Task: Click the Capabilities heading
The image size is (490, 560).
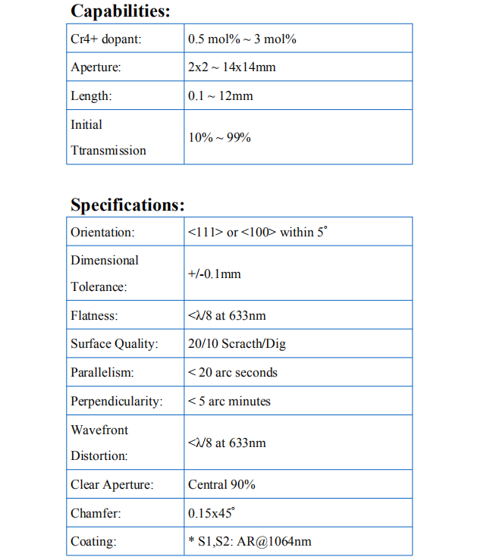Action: click(x=120, y=11)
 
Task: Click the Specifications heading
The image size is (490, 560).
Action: click(x=127, y=205)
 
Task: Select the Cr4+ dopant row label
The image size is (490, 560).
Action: click(x=105, y=39)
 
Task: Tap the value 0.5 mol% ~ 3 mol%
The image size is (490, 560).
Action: click(x=242, y=39)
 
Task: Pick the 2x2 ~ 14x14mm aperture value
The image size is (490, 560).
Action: click(x=232, y=67)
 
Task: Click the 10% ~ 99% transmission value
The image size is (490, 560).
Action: click(x=219, y=137)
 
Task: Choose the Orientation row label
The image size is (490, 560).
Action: click(x=102, y=232)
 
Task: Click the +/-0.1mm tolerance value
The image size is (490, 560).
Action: click(x=215, y=274)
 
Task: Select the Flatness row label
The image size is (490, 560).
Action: click(x=94, y=315)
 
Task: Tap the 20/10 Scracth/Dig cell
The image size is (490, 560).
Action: click(x=237, y=344)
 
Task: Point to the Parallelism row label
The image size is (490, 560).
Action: click(x=102, y=373)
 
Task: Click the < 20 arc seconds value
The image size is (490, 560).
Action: click(x=233, y=373)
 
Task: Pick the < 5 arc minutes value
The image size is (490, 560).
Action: click(x=229, y=401)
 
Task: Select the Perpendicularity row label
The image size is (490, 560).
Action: click(x=117, y=401)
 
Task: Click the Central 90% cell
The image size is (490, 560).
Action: click(x=221, y=484)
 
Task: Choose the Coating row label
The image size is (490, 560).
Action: click(x=93, y=542)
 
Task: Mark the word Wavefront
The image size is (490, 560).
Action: click(x=99, y=430)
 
